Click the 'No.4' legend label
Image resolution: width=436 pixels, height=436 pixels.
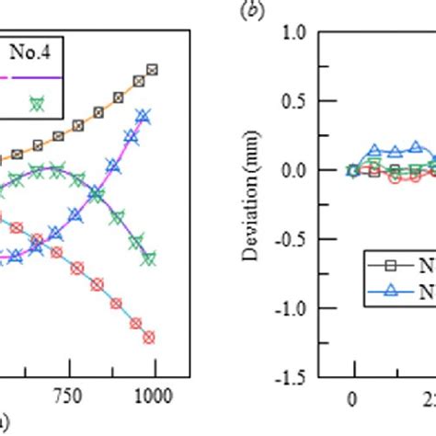click(33, 52)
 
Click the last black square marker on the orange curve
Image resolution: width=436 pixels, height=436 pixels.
click(153, 69)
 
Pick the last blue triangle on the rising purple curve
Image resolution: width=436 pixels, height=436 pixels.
click(143, 116)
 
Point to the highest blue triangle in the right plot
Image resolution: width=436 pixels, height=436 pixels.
click(416, 146)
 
